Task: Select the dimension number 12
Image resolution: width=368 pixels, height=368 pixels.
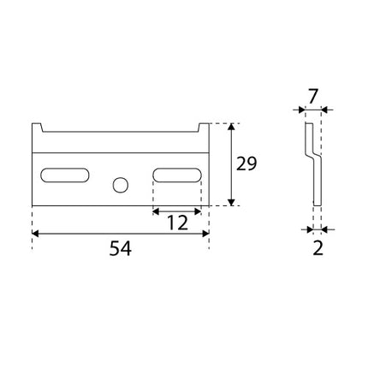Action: (x=176, y=223)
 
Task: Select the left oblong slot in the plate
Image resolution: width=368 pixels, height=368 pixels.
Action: (x=65, y=175)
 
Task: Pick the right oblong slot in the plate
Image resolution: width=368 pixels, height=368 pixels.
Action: (x=176, y=175)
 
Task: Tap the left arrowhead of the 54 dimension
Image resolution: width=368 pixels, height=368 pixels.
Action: (x=36, y=233)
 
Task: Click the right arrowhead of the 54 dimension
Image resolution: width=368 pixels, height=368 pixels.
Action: (x=205, y=233)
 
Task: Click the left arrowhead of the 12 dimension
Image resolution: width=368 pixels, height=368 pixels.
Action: (x=156, y=210)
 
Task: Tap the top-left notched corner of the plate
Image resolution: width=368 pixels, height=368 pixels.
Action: (x=38, y=128)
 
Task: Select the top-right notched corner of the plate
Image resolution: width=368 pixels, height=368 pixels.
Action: (x=204, y=128)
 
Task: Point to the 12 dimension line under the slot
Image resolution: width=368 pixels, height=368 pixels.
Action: (x=176, y=210)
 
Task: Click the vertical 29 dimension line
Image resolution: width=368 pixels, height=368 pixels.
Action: (x=231, y=164)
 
